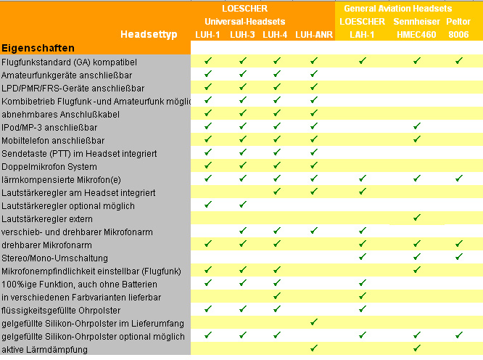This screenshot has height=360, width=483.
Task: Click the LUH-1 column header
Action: [x=208, y=34]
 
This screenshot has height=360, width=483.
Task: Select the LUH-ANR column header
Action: [x=313, y=34]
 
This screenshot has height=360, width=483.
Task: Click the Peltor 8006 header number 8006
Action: [x=458, y=34]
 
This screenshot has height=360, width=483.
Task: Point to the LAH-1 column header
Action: [x=362, y=34]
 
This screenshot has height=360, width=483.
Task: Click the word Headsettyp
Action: [x=149, y=34]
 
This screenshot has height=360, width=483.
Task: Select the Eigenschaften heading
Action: [x=38, y=48]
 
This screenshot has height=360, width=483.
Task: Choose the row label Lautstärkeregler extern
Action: [x=47, y=219]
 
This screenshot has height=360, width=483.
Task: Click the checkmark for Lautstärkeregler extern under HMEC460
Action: [x=417, y=218]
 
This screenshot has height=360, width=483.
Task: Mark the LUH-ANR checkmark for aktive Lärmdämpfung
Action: [x=314, y=348]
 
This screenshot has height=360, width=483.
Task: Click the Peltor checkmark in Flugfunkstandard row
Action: [x=459, y=61]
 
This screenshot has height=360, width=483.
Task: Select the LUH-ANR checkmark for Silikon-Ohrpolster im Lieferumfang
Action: [x=314, y=322]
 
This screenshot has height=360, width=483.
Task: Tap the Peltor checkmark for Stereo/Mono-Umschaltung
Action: [x=459, y=257]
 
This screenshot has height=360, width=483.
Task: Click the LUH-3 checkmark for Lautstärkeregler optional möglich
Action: [x=243, y=205]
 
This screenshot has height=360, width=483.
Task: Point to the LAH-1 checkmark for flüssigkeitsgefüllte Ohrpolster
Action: [x=362, y=309]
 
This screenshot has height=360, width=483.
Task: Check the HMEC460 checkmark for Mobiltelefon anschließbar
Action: [x=417, y=139]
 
